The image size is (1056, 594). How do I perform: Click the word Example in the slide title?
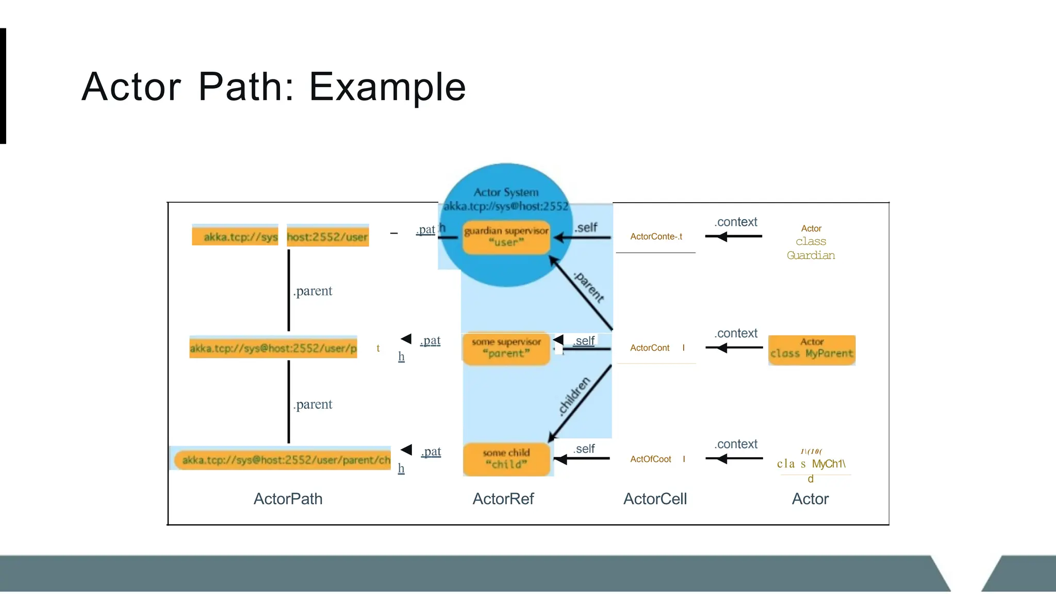(x=387, y=87)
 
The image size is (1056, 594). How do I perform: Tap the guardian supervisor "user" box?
(x=506, y=237)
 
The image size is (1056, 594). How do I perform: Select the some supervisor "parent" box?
(x=506, y=348)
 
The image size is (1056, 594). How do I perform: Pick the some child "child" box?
(x=506, y=459)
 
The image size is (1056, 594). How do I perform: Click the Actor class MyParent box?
(x=812, y=350)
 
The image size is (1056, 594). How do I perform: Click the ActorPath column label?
(x=288, y=499)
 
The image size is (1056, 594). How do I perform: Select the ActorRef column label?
(x=503, y=499)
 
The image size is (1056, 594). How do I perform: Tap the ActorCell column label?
(x=655, y=499)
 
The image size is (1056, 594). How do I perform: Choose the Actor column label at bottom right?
(x=810, y=499)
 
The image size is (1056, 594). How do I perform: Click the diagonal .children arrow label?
(x=574, y=396)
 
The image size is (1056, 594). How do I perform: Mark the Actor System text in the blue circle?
(x=506, y=192)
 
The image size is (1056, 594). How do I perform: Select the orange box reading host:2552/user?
(x=327, y=237)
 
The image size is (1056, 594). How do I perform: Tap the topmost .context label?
(x=736, y=222)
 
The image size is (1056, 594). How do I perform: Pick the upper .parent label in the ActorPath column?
(x=313, y=291)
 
